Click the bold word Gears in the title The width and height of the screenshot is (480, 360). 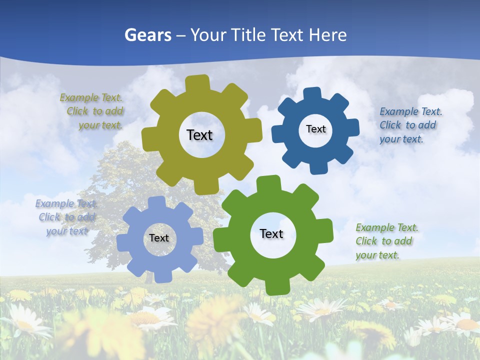pos(147,35)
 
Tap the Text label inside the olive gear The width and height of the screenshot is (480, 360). pos(199,135)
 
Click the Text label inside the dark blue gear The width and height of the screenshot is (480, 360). pos(315,129)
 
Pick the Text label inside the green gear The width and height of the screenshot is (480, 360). pos(271,233)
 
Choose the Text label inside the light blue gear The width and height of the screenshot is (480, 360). pos(159,238)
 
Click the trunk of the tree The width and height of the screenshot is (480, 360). pos(149,275)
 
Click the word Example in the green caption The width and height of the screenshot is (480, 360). pos(373,228)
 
